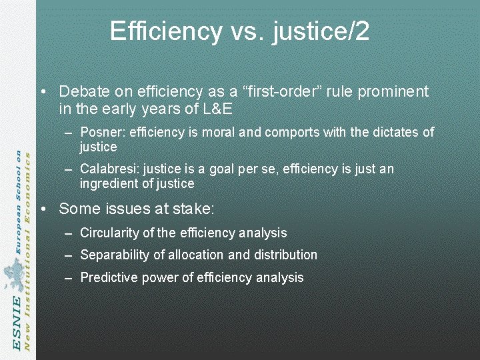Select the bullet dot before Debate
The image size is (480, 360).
(43, 92)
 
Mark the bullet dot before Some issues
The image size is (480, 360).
(43, 209)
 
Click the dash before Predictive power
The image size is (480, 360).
(70, 278)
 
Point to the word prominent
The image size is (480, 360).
(387, 91)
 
